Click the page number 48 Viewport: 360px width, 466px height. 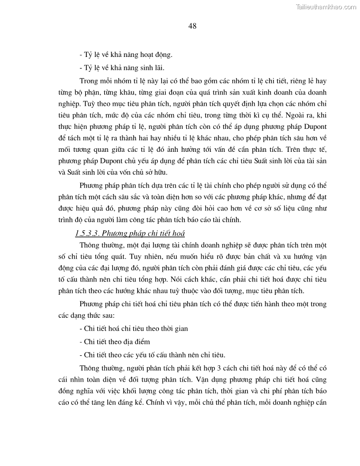(x=192, y=26)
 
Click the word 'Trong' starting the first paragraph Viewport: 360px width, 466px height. (x=88, y=82)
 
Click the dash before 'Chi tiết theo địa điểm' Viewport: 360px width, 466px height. (x=80, y=342)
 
